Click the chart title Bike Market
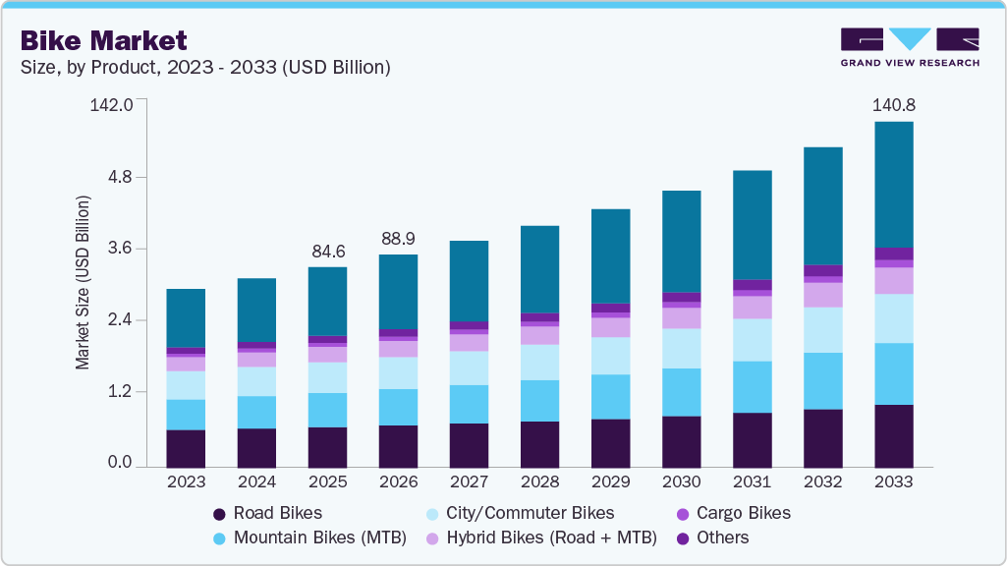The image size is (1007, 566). [102, 40]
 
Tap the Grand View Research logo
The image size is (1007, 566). [909, 46]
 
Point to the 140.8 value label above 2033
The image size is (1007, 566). [893, 105]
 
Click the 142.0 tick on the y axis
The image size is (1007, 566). [110, 105]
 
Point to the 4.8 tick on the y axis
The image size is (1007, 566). [119, 177]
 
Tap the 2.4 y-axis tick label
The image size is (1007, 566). [119, 320]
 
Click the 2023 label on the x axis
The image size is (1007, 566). [186, 482]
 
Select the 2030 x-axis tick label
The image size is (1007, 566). [681, 482]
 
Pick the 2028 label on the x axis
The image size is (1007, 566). [539, 482]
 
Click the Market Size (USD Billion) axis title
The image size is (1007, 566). [83, 283]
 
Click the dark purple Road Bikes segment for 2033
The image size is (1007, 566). [893, 435]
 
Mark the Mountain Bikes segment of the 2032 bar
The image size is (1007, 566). [822, 381]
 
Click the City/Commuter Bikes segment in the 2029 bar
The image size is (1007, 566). [610, 356]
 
